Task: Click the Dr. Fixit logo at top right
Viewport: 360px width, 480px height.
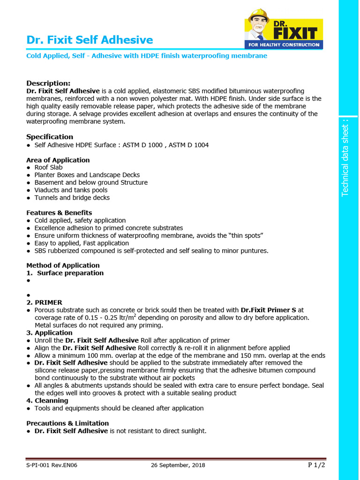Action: pyautogui.click(x=284, y=29)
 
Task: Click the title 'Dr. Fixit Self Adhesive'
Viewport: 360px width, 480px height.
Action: pyautogui.click(x=90, y=40)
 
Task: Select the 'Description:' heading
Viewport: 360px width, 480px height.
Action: pyautogui.click(x=48, y=83)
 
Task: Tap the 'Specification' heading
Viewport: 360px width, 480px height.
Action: pyautogui.click(x=50, y=137)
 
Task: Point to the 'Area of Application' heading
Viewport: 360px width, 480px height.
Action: pyautogui.click(x=58, y=160)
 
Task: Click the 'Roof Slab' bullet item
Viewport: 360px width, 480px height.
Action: pyautogui.click(x=48, y=167)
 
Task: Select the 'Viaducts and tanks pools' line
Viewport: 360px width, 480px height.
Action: pyautogui.click(x=71, y=190)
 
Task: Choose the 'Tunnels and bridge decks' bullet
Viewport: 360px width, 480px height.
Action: pyautogui.click(x=72, y=197)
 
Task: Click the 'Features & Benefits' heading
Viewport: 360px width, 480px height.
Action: pyautogui.click(x=59, y=213)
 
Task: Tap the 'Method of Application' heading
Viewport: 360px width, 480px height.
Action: pyautogui.click(x=63, y=265)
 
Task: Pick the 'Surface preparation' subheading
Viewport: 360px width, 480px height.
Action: pyautogui.click(x=70, y=273)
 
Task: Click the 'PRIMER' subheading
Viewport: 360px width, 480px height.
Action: pyautogui.click(x=48, y=302)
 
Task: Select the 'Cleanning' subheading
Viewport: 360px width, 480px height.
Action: pyautogui.click(x=51, y=401)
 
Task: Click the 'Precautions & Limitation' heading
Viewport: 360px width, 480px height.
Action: pyautogui.click(x=67, y=423)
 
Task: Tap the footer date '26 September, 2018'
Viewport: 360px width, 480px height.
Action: pyautogui.click(x=178, y=465)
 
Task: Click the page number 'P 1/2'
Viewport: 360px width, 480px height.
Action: pyautogui.click(x=316, y=465)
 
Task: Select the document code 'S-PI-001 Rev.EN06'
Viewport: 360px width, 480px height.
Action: pyautogui.click(x=52, y=465)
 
